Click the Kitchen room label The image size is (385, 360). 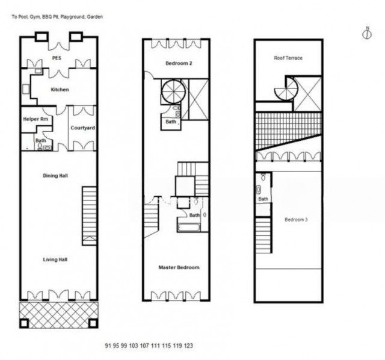[x=60, y=90]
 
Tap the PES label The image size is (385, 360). [x=57, y=58]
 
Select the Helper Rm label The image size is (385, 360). [x=35, y=119]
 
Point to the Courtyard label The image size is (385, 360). [x=83, y=128]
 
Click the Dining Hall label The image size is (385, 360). [x=55, y=176]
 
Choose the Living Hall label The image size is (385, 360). [x=55, y=259]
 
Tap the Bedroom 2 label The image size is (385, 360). [x=179, y=63]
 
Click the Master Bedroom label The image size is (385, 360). [x=179, y=267]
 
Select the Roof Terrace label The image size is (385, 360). [x=288, y=58]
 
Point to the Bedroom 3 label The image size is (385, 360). [x=296, y=220]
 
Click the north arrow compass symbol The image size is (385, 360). [x=367, y=33]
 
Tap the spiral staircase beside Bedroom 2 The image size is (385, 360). [x=174, y=92]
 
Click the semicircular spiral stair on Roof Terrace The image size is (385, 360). [x=286, y=88]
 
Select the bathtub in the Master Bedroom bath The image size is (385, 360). [x=188, y=228]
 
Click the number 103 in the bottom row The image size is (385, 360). [x=134, y=346]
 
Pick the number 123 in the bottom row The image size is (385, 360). [x=188, y=346]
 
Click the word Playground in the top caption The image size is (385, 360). [x=73, y=17]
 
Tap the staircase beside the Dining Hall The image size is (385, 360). [x=90, y=216]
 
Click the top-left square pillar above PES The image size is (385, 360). [x=42, y=37]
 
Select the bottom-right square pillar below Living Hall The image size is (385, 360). [x=93, y=323]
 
